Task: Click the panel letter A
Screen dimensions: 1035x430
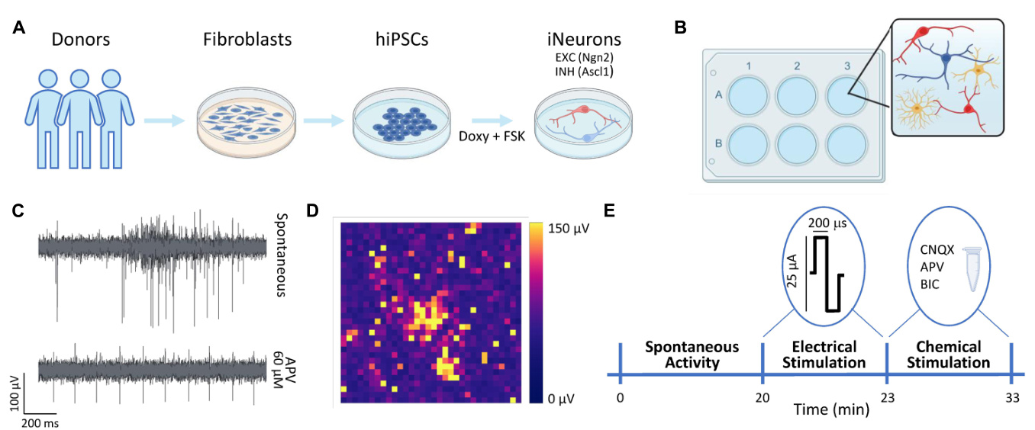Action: coord(19,27)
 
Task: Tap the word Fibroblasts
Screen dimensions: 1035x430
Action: coord(247,40)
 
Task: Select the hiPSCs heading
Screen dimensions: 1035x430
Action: coord(402,40)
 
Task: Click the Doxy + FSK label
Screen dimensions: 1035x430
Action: coord(492,136)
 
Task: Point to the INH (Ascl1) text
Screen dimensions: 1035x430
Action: coord(584,72)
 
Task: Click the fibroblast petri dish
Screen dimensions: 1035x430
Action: coord(247,122)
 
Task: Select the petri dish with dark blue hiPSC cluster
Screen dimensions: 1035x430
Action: coord(401,123)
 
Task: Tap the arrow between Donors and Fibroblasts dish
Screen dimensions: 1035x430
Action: coord(164,121)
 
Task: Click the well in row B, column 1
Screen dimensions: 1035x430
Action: coord(747,144)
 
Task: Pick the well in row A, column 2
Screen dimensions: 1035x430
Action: coord(797,96)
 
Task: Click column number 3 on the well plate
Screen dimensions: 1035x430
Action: coord(847,66)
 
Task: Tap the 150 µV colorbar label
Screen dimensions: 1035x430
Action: coord(569,229)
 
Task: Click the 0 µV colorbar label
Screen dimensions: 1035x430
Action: coord(561,399)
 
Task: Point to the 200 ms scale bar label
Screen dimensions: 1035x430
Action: coord(40,423)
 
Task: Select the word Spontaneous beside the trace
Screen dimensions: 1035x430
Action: coord(282,255)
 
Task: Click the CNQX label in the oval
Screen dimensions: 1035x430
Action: coord(937,249)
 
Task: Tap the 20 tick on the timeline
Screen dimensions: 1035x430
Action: coord(763,398)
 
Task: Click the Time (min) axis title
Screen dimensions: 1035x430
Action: coord(832,409)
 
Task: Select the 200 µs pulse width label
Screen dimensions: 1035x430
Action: coord(827,223)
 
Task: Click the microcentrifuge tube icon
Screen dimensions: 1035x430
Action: coord(972,269)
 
